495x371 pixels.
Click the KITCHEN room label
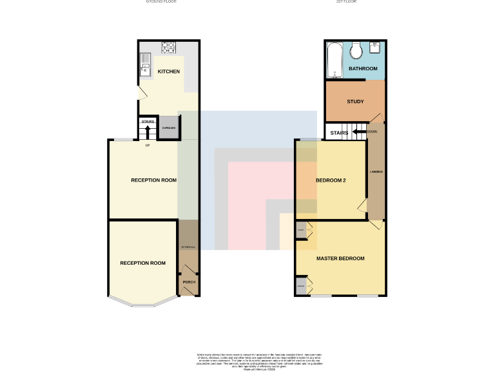tap(169, 71)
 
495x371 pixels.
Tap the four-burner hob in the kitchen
tap(168, 46)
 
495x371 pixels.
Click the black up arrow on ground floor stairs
tap(148, 131)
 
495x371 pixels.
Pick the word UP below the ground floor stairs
tap(148, 144)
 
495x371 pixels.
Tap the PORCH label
tap(189, 282)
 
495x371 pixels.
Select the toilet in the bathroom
tap(355, 52)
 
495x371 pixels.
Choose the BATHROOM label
tap(363, 68)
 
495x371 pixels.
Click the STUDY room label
tap(355, 102)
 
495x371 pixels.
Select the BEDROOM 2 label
tap(331, 180)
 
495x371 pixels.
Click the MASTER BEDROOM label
tap(340, 258)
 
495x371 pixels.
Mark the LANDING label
tap(376, 173)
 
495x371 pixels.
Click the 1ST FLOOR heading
tap(346, 2)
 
